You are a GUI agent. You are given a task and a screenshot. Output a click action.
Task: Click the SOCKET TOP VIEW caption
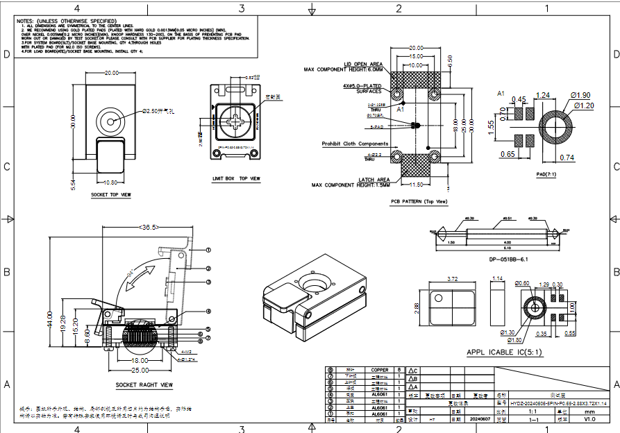click(x=110, y=195)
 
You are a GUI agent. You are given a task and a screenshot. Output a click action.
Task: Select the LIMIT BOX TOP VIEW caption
click(x=236, y=178)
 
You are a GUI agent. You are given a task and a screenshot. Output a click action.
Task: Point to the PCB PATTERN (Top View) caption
click(x=419, y=202)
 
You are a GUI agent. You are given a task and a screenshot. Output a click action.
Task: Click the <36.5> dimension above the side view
click(x=149, y=227)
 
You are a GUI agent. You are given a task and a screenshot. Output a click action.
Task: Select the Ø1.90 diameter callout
click(x=580, y=94)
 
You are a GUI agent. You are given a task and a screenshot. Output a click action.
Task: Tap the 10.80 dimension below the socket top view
click(x=110, y=183)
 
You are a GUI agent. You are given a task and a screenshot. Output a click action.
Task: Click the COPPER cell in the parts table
click(x=380, y=370)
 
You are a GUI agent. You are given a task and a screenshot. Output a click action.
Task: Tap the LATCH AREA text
click(x=372, y=180)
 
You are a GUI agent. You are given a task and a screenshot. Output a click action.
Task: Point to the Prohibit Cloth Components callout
click(x=355, y=144)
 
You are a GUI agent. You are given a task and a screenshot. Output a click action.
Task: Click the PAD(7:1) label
click(x=546, y=175)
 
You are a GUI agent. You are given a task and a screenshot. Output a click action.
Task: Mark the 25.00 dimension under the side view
click(x=140, y=371)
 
